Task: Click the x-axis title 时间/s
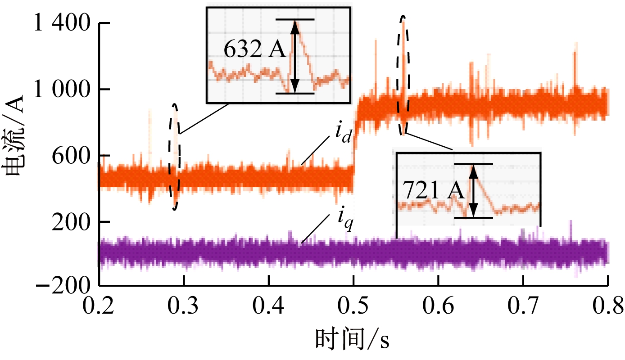(353, 340)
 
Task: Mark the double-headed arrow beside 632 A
(294, 56)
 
